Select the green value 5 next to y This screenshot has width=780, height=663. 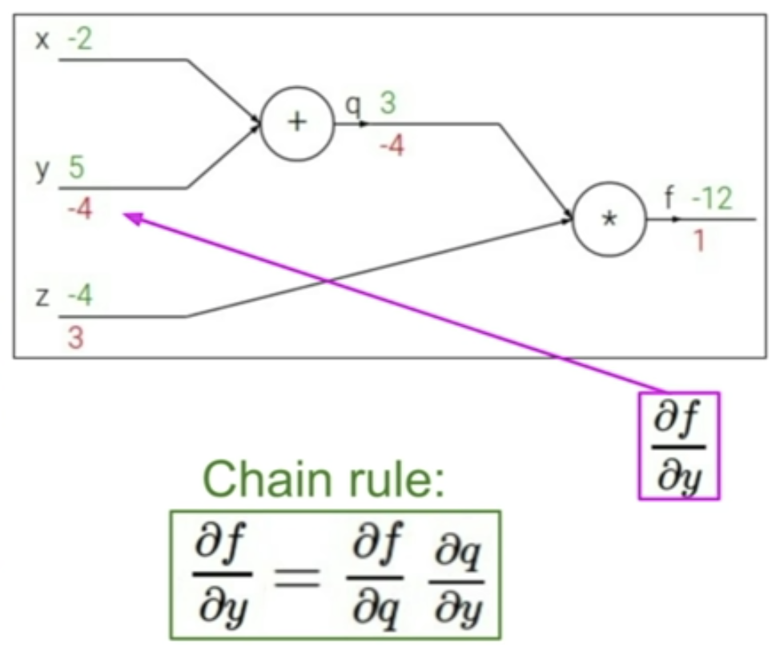[77, 169]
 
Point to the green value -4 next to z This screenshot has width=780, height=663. [79, 297]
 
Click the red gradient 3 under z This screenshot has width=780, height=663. [74, 338]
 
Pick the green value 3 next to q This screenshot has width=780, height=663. [388, 105]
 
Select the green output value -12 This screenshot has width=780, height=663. [711, 199]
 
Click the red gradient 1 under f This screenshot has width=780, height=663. [698, 240]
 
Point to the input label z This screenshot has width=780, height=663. [42, 298]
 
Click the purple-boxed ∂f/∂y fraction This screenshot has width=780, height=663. [679, 445]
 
